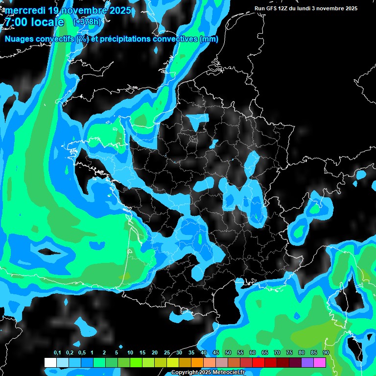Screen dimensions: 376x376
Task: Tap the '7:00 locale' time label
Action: (x=34, y=22)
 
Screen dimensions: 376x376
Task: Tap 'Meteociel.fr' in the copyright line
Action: (x=228, y=373)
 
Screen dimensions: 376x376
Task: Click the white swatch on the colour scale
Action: (x=50, y=362)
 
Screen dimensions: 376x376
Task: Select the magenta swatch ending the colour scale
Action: (x=320, y=362)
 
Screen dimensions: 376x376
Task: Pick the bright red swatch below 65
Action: (x=258, y=362)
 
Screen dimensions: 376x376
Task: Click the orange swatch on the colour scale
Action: (x=197, y=362)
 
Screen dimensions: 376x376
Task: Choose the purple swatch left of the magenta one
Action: (x=307, y=362)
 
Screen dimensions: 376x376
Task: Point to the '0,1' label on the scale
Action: (x=57, y=353)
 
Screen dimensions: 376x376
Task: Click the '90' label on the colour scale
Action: (x=326, y=353)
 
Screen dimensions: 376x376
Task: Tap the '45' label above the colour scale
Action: (x=216, y=353)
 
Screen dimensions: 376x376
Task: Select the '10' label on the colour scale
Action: (x=130, y=353)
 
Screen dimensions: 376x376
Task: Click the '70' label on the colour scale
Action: (x=277, y=353)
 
